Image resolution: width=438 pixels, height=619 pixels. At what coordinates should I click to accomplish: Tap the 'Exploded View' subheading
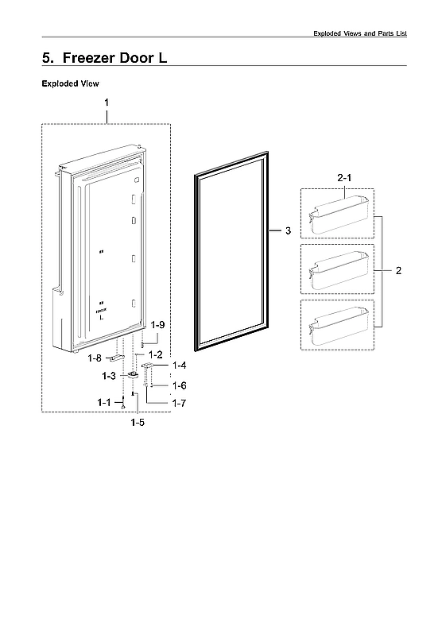click(x=70, y=83)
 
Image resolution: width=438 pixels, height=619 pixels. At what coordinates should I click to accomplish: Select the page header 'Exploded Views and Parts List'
click(x=359, y=33)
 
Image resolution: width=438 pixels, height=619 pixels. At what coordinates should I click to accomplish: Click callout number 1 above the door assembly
click(x=107, y=103)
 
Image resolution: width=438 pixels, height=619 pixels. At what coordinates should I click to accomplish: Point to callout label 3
click(x=288, y=231)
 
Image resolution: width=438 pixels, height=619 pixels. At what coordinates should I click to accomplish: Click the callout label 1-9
click(x=158, y=325)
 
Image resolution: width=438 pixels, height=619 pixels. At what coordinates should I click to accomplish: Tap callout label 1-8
click(x=95, y=358)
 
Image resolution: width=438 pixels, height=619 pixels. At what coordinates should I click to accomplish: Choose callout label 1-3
click(x=109, y=375)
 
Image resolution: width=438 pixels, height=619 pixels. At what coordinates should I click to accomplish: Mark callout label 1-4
click(x=179, y=366)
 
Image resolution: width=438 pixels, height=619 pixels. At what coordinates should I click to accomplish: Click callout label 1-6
click(x=179, y=385)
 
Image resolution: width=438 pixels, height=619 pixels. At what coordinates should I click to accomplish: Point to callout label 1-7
click(x=179, y=404)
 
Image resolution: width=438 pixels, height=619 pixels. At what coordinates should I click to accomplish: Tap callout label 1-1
click(x=105, y=404)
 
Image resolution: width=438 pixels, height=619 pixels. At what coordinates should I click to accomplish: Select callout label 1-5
click(x=138, y=423)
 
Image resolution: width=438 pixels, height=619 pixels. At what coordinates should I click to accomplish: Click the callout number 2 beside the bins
click(x=398, y=271)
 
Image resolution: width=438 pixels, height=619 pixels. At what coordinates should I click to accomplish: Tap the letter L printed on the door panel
click(x=102, y=318)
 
